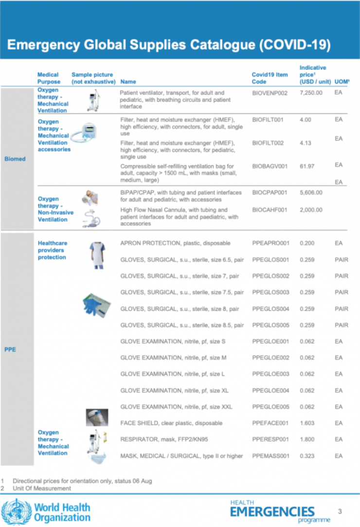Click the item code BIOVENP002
click(271, 92)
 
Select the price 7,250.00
click(311, 92)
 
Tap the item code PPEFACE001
click(271, 423)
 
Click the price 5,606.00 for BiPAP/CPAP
click(311, 193)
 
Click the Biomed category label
click(16, 159)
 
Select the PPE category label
click(10, 349)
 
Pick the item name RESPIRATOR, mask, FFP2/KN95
click(171, 439)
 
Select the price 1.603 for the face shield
click(307, 423)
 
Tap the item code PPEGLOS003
click(271, 292)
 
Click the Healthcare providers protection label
click(53, 250)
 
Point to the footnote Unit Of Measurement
click(42, 488)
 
